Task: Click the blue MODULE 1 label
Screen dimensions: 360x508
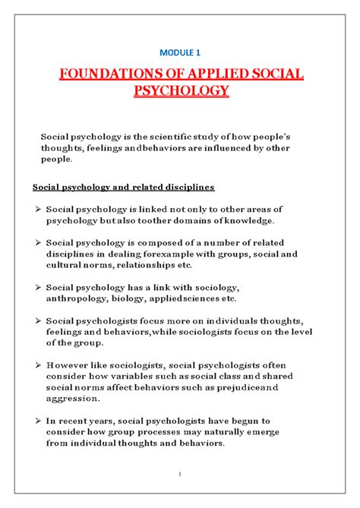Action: (x=179, y=51)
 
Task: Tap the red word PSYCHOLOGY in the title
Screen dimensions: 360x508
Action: (x=180, y=93)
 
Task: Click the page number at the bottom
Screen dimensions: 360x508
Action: (x=180, y=475)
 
